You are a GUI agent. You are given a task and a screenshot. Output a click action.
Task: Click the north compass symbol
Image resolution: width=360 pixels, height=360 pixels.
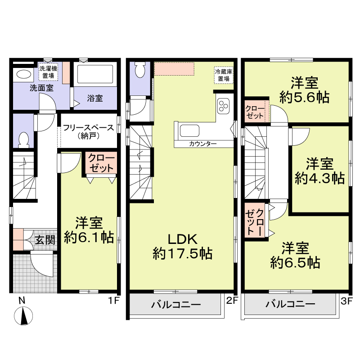point(23,316)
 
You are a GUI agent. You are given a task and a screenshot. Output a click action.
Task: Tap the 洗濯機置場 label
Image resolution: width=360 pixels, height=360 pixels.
point(48,72)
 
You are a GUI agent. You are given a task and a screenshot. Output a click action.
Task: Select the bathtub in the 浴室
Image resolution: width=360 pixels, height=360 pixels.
point(95,74)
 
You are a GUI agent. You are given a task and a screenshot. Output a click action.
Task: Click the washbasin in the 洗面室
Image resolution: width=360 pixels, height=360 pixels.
point(23,75)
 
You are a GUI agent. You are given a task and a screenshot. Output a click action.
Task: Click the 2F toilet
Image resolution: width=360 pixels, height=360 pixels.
point(140,70)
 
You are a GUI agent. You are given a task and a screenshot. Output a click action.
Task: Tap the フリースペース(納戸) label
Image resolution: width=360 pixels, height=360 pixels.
point(88,131)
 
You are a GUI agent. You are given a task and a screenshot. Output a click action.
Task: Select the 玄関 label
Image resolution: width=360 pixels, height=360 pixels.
point(45,240)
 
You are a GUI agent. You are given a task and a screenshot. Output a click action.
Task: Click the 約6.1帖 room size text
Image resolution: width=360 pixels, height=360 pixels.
point(89,238)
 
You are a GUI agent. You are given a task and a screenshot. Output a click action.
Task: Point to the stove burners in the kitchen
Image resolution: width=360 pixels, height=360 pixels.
point(223,106)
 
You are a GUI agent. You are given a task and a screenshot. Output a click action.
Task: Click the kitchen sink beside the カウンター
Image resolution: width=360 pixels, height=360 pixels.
point(189,130)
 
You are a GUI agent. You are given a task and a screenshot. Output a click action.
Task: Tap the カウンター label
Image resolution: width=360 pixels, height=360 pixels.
point(203,144)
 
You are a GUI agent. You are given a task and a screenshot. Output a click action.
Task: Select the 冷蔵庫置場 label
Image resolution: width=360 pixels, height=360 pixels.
point(224,75)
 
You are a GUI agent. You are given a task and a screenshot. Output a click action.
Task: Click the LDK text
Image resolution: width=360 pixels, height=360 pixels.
point(183,239)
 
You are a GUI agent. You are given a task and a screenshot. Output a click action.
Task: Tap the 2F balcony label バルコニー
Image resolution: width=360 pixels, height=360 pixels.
point(176,305)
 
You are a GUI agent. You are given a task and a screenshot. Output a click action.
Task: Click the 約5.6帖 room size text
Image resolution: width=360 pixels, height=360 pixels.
point(305,97)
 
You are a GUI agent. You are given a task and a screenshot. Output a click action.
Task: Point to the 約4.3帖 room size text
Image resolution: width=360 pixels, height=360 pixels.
point(319,178)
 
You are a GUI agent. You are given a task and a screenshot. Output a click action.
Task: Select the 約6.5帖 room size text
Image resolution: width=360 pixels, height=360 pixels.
point(295,263)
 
